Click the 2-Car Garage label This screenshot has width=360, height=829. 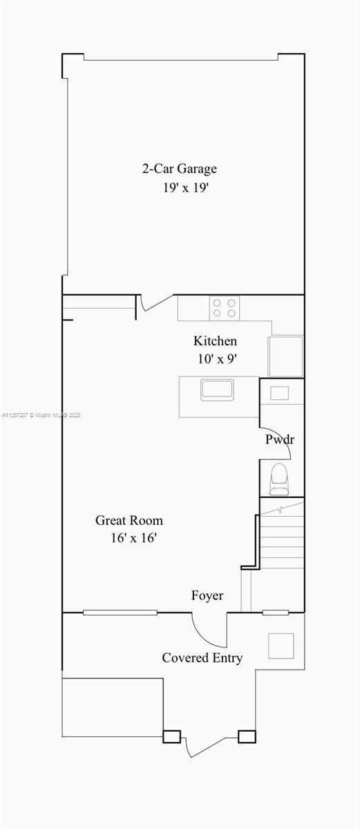point(180,169)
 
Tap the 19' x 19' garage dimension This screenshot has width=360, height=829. point(186,188)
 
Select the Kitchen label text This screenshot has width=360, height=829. point(215,341)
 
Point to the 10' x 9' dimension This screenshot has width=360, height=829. point(217,359)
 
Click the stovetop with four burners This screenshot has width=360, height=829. point(224,308)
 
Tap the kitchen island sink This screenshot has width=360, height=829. point(217,390)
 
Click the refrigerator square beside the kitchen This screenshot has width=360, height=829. point(285,356)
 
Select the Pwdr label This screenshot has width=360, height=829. point(280,439)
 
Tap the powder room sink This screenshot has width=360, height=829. point(279,393)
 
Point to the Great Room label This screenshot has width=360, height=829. point(129,520)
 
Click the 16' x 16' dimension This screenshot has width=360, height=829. point(134,537)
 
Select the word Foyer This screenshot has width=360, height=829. point(207,595)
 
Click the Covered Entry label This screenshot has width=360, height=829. point(202,658)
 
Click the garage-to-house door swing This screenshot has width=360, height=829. point(155,303)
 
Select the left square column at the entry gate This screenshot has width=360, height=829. point(171,736)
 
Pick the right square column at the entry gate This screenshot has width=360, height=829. point(247,736)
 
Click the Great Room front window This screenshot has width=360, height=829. point(120,613)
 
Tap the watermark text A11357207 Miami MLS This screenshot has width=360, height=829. point(41,415)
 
